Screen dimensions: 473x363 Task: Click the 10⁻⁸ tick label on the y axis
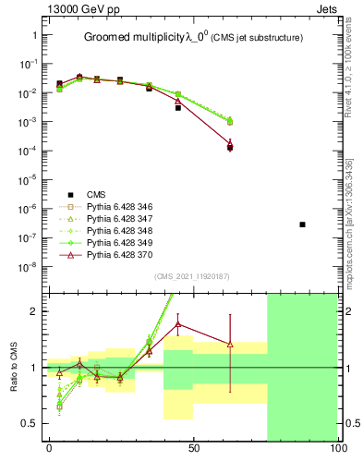point(28,266)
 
